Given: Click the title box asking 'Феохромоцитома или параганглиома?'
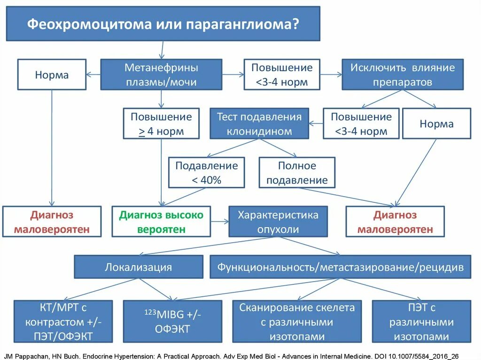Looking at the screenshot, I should [x=163, y=23].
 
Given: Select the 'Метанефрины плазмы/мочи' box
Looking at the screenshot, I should [x=161, y=74].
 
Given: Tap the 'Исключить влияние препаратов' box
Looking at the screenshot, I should [x=402, y=74].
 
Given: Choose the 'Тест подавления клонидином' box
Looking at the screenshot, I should [x=259, y=124].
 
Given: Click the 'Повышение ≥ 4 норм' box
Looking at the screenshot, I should [x=161, y=124].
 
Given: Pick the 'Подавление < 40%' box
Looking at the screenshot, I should [x=207, y=172].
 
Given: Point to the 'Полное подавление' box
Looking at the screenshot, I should [x=297, y=172].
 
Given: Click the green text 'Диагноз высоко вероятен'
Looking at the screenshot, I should [x=161, y=222].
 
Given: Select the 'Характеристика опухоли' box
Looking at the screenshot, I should [x=278, y=222].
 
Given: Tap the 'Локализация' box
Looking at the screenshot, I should [x=139, y=267].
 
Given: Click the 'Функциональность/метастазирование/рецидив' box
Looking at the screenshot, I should [x=340, y=267].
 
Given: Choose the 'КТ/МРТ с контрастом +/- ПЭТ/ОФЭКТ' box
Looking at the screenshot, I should [x=63, y=322].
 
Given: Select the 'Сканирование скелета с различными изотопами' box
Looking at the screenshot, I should [x=297, y=322].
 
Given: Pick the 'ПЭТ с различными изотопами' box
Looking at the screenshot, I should [x=421, y=322].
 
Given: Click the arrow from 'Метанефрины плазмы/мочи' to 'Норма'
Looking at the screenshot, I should [x=93, y=74].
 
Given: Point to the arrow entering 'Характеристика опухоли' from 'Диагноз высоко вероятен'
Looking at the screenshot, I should [x=220, y=222].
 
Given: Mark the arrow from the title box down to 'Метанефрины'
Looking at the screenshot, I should [x=162, y=50].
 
